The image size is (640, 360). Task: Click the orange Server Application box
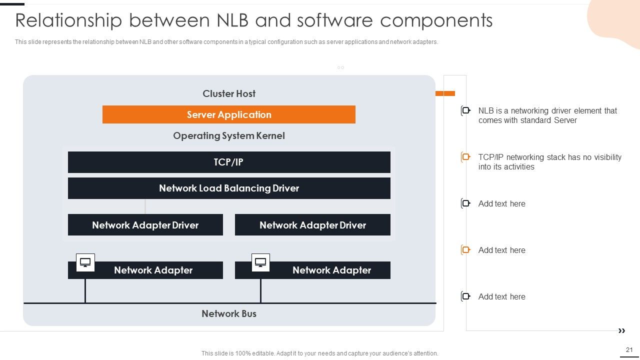[x=229, y=114]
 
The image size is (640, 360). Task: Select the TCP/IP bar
[x=229, y=162]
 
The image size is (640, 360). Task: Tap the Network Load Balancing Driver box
[x=229, y=188]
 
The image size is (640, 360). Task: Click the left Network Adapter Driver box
[x=145, y=225]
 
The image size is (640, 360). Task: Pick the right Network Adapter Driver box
[x=312, y=225]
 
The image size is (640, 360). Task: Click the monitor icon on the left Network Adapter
[x=85, y=262]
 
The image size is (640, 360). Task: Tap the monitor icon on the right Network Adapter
[x=260, y=262]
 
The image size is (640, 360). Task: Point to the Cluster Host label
[x=229, y=93]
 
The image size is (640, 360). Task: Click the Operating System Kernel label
[x=229, y=135]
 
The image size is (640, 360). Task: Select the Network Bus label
[x=229, y=313]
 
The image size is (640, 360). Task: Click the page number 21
[x=629, y=349]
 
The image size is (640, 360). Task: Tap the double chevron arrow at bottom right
[x=621, y=331]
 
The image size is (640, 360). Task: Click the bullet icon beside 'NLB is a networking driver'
[x=465, y=110]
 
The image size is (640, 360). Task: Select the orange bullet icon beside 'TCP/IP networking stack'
[x=465, y=157]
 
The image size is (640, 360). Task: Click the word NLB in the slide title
[x=232, y=20]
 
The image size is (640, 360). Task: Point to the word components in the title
[x=436, y=21]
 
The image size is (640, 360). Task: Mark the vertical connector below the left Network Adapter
[x=85, y=290]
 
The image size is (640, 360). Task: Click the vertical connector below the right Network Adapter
[x=260, y=290]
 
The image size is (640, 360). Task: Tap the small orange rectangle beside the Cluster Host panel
[x=445, y=93]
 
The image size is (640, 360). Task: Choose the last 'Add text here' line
[x=501, y=296]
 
